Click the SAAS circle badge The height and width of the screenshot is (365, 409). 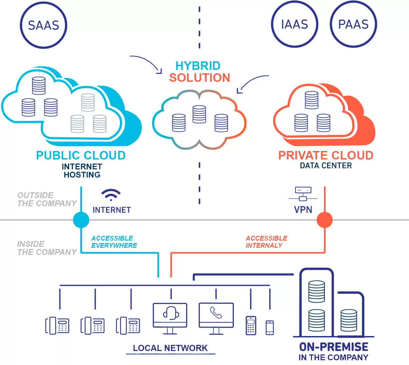tap(44, 25)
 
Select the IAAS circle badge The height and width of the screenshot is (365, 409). tap(294, 24)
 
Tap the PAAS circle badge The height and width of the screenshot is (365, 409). tap(353, 24)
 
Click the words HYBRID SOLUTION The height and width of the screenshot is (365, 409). tap(199, 72)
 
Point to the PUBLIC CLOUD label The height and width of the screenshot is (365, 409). tap(81, 155)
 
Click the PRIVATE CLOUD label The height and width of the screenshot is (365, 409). tap(325, 155)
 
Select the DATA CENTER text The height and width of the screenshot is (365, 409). tap(325, 166)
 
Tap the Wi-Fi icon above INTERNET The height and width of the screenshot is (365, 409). tap(111, 195)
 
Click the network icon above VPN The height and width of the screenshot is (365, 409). tap(303, 194)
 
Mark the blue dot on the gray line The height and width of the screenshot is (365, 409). tap(81, 220)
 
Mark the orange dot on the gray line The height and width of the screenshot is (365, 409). tap(324, 220)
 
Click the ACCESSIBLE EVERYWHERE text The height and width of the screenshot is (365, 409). tap(114, 242)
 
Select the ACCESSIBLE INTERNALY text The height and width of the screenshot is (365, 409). tap(266, 242)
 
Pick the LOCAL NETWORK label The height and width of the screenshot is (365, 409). tap(170, 348)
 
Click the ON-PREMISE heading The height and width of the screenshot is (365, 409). tap(333, 347)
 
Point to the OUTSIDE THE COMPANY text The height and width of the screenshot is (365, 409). tap(47, 199)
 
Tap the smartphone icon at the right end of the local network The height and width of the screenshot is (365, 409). tap(270, 328)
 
